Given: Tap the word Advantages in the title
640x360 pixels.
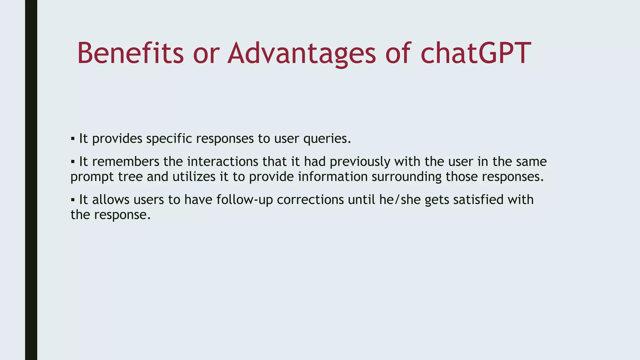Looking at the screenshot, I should [302, 54].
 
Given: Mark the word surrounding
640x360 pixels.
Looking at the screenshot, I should [407, 177].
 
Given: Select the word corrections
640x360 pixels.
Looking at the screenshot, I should [310, 200].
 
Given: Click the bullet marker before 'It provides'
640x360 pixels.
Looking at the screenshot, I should [72, 138].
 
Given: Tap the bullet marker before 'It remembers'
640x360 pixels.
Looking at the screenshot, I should [72, 162].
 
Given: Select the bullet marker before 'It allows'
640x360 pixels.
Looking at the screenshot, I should [72, 199].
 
